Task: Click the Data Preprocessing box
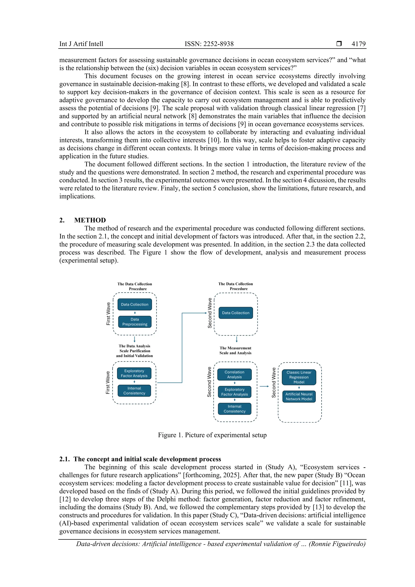[x=135, y=322]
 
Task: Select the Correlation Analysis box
[x=234, y=374]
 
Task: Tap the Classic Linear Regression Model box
[x=299, y=377]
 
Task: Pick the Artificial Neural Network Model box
[x=299, y=397]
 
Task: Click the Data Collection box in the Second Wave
[x=235, y=313]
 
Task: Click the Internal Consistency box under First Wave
[x=134, y=391]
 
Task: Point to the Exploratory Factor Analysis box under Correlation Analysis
[x=234, y=392]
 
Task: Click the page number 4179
[x=358, y=44]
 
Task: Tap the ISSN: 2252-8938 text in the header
[x=209, y=44]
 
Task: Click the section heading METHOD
[x=90, y=220]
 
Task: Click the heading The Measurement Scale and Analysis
[x=235, y=351]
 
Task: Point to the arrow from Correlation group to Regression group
[x=264, y=386]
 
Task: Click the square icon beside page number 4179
[x=339, y=44]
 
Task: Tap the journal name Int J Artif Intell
[x=81, y=44]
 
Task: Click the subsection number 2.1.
[x=64, y=459]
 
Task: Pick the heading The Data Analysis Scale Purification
[x=135, y=349]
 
